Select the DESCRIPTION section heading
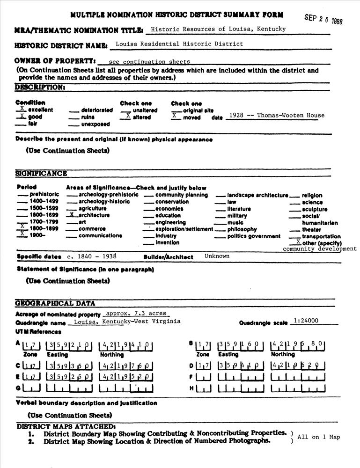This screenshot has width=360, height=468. [x=39, y=87]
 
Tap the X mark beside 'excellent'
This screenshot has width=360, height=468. [x=22, y=108]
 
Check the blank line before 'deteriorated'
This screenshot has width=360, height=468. [x=73, y=111]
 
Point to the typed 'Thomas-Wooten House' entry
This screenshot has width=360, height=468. [x=291, y=115]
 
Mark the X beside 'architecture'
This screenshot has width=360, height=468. [x=72, y=214]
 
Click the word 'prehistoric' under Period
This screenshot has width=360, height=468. [x=44, y=194]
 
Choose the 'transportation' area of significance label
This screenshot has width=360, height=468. [x=321, y=236]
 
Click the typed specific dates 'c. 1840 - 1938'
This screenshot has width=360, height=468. [x=92, y=256]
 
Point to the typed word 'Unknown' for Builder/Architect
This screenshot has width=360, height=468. [x=217, y=256]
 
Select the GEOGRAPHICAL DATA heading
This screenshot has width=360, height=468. [x=55, y=303]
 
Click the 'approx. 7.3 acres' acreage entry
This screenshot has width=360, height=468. [x=135, y=313]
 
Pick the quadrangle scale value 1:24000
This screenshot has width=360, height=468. [x=305, y=321]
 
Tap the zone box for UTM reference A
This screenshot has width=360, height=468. [x=32, y=346]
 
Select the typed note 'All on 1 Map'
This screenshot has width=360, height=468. [x=318, y=437]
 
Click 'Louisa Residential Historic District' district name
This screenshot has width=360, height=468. [x=179, y=44]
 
